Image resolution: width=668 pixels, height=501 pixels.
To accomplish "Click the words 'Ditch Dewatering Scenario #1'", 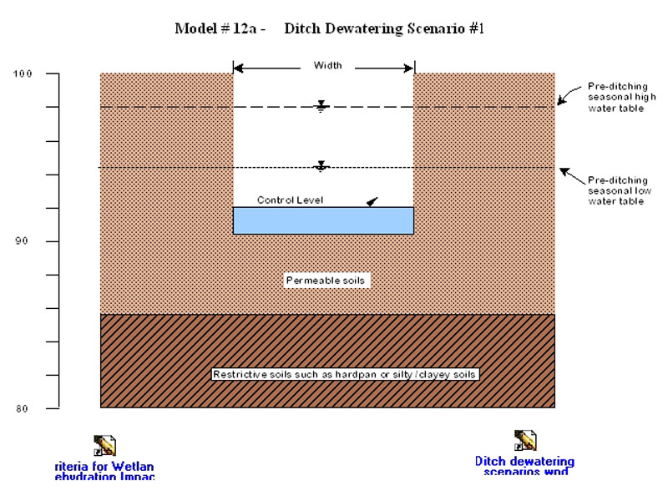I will [384, 29].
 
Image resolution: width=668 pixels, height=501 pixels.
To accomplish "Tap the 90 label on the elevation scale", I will [23, 241].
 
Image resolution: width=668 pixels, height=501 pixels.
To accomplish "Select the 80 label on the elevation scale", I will [23, 408].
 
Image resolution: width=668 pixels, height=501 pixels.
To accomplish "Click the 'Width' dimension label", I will [327, 65].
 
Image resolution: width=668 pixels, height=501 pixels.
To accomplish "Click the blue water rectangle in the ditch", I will [323, 220].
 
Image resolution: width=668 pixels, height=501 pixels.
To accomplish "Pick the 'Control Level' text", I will [290, 200].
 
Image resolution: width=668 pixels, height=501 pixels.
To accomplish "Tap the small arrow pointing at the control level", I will [372, 201].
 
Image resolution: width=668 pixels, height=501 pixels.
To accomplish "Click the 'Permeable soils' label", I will [326, 281].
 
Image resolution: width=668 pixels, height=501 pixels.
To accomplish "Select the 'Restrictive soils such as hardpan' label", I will [344, 374].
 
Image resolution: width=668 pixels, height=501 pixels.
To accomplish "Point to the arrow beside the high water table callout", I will [564, 98].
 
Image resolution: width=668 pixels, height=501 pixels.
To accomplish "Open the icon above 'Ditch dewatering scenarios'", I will [524, 440].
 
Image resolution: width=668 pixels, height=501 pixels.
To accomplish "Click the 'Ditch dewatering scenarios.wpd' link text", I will [524, 466].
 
